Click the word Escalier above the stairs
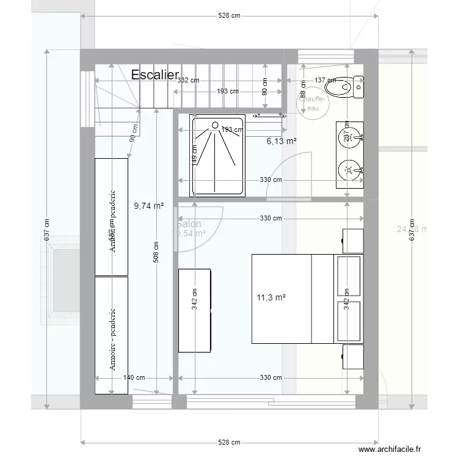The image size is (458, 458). pyautogui.click(x=154, y=75)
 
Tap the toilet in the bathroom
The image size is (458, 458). pyautogui.click(x=345, y=87)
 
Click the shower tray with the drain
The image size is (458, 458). pyautogui.click(x=218, y=156)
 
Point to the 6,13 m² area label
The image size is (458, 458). pyautogui.click(x=282, y=142)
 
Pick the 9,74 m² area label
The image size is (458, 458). pyautogui.click(x=148, y=206)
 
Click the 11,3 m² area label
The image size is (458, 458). pyautogui.click(x=271, y=298)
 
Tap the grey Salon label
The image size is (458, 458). pyautogui.click(x=190, y=224)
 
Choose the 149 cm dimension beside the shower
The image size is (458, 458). pyautogui.click(x=195, y=156)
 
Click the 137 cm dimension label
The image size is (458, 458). pyautogui.click(x=325, y=80)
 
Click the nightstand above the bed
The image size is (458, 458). pyautogui.click(x=353, y=241)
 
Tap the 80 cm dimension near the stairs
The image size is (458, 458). pyautogui.click(x=264, y=87)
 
